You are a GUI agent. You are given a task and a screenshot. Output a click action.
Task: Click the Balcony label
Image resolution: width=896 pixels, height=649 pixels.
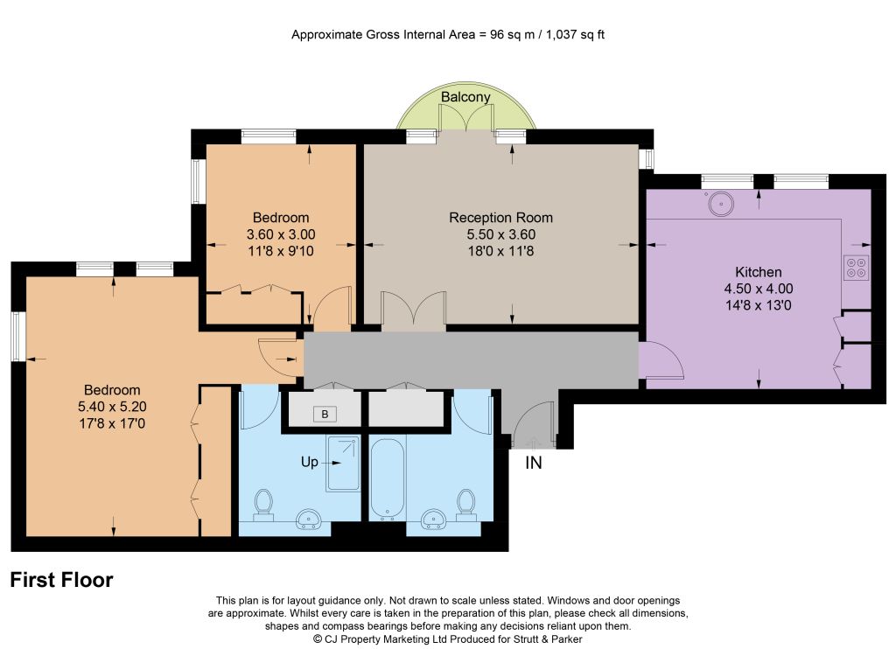pos(465,96)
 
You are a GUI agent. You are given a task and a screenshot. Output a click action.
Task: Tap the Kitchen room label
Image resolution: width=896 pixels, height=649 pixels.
pos(759,272)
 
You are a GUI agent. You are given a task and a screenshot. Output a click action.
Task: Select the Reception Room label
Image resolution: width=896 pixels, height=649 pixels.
pos(500,218)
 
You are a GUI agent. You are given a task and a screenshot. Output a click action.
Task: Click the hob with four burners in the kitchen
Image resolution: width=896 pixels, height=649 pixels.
pos(856,268)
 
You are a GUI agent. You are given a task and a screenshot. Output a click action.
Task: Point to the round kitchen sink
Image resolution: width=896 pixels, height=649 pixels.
pos(721,204)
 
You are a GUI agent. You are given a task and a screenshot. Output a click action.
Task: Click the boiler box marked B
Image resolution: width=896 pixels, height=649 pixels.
pos(325,415)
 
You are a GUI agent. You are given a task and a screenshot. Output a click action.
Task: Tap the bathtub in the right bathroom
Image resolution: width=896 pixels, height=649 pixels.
pos(388,478)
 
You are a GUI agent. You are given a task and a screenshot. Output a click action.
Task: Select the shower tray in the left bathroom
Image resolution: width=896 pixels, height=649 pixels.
pos(343,464)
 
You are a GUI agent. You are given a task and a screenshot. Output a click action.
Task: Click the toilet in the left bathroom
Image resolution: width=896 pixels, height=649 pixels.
pos(263,505)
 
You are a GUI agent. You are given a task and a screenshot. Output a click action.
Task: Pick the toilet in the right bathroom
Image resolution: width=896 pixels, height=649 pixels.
pos(465,505)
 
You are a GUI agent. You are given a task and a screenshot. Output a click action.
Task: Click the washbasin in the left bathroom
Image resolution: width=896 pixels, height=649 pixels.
pos(309,519)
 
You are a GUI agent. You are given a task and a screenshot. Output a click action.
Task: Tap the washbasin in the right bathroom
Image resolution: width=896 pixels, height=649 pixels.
pos(434,519)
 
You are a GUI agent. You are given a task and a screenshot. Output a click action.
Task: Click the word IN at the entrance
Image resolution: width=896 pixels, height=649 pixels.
pos(533,463)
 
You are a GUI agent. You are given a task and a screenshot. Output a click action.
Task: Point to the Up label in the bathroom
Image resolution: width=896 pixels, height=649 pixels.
pos(309,462)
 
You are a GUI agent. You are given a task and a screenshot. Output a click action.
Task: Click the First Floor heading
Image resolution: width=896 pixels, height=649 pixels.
pos(62,580)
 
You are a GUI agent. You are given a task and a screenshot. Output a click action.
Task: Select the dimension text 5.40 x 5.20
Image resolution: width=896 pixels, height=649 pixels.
pos(112,407)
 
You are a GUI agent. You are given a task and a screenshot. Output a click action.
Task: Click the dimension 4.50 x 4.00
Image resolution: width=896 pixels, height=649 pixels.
pos(759,289)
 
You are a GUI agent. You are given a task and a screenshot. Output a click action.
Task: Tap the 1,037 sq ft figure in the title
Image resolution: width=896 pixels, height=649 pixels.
pos(575,35)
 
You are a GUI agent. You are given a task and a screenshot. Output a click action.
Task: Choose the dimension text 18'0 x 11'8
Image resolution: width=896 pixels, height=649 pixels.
pos(500,251)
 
